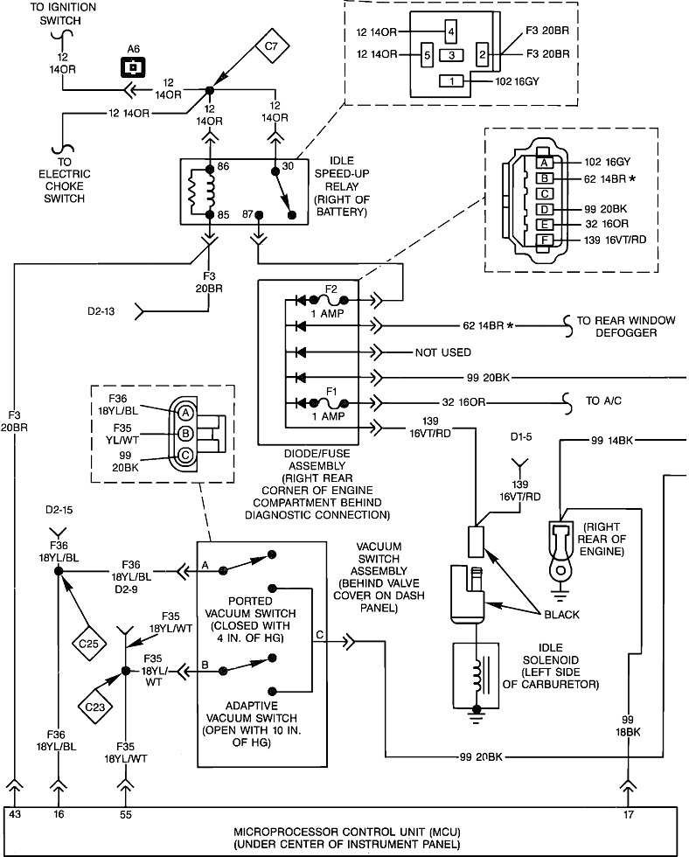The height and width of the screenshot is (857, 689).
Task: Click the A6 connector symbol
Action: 133,66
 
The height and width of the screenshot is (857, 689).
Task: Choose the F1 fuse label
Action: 331,389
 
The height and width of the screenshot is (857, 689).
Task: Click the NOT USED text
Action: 443,352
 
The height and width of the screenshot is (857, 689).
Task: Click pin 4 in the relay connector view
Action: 450,31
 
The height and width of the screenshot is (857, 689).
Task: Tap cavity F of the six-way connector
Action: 543,240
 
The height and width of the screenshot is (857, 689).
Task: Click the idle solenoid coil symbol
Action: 477,676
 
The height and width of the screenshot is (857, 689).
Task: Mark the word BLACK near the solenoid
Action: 562,615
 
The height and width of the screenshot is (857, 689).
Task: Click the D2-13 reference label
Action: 103,310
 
